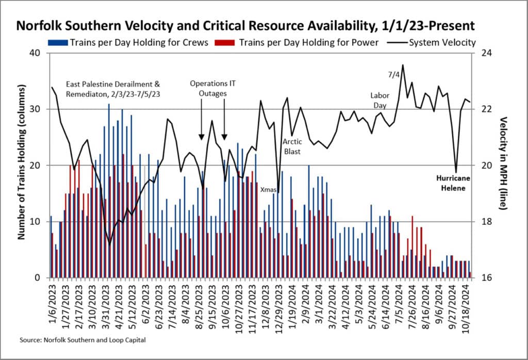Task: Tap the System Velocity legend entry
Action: pyautogui.click(x=442, y=42)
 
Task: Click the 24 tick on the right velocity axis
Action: pyautogui.click(x=486, y=53)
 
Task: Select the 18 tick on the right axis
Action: pyautogui.click(x=486, y=222)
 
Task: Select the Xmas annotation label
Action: pyautogui.click(x=268, y=190)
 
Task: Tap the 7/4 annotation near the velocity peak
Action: pyautogui.click(x=393, y=75)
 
